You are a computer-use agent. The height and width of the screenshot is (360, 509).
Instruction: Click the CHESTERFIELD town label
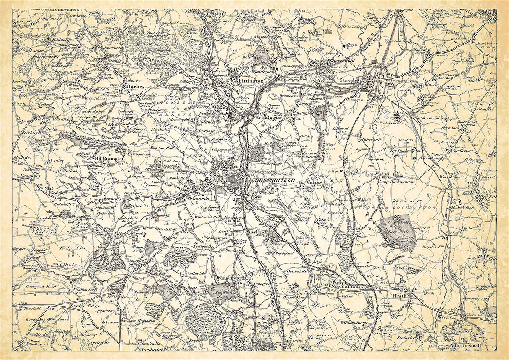pyautogui.click(x=274, y=182)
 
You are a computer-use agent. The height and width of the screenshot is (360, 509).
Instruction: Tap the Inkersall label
pyautogui.click(x=371, y=139)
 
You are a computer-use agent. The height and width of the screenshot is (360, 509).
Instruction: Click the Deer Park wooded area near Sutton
pyautogui.click(x=393, y=231)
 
